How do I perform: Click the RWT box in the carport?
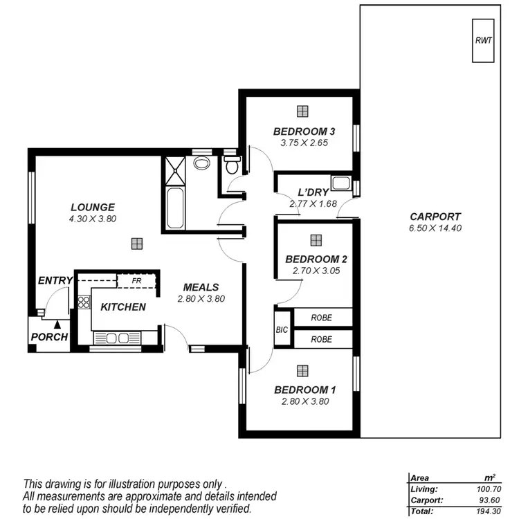pos(483,41)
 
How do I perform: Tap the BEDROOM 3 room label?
pos(304,131)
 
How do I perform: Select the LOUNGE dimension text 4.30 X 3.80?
pos(92,219)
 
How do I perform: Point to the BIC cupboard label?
pos(282,330)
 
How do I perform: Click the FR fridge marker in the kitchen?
pos(137,281)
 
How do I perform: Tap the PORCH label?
pos(49,337)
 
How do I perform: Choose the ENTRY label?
pos(55,280)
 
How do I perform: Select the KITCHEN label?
pos(123,307)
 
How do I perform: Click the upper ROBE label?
pos(321,318)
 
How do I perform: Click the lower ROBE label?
pos(321,340)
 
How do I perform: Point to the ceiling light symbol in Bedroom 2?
pos(316,240)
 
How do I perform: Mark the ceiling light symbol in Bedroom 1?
pos(302,371)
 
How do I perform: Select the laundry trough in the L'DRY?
pos(340,183)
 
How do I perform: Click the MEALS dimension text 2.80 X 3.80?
pos(201,300)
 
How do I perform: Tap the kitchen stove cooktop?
pos(84,302)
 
